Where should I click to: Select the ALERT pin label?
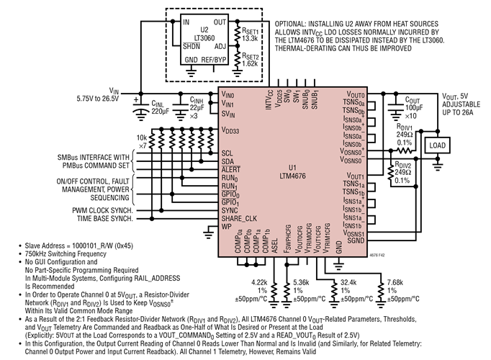(231, 170)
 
